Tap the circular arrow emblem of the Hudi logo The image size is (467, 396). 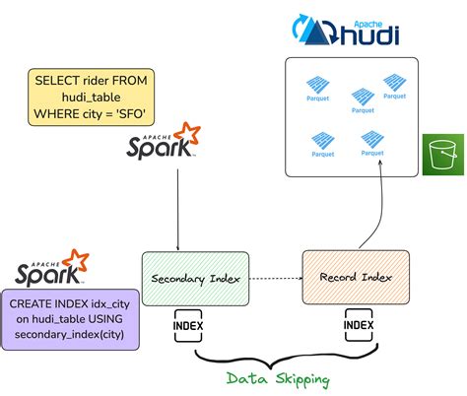305,30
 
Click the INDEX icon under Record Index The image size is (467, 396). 358,325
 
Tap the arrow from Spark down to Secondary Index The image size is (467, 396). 177,207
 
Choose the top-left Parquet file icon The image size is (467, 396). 319,87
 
